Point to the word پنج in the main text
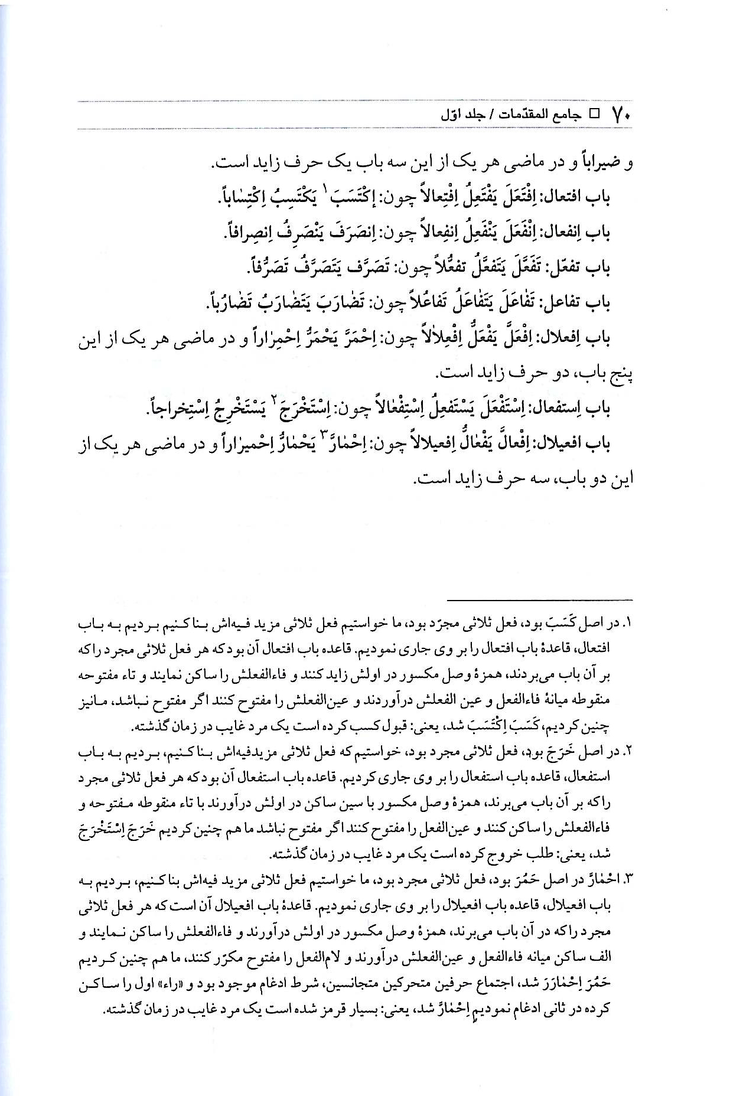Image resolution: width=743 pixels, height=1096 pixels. pyautogui.click(x=620, y=374)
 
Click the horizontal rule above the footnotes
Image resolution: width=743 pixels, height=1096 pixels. pyautogui.click(x=539, y=599)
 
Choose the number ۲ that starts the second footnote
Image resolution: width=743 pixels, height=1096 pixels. pyautogui.click(x=628, y=752)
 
